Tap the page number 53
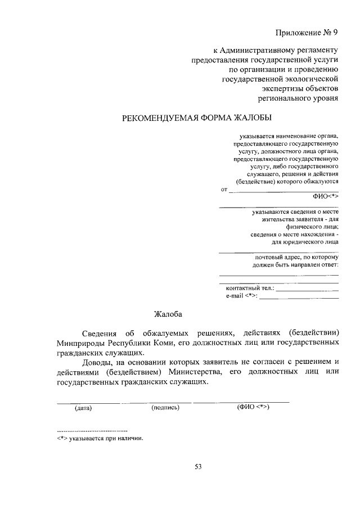coord(198,466)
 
